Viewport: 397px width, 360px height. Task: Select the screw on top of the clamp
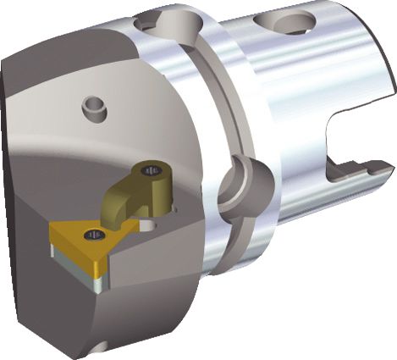click(x=154, y=172)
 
